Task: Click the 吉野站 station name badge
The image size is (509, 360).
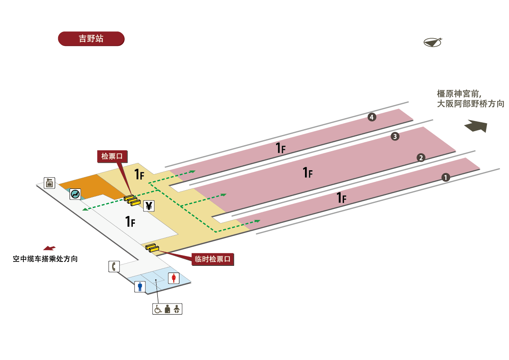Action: click(x=91, y=39)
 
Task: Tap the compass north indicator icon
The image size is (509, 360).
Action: click(x=432, y=42)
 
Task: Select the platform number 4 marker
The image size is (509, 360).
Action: click(x=372, y=117)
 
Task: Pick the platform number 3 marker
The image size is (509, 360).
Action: click(x=395, y=137)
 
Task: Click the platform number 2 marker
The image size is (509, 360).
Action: click(x=421, y=157)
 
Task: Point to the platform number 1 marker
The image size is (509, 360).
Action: click(x=445, y=178)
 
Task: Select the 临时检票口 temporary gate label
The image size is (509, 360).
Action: click(x=213, y=259)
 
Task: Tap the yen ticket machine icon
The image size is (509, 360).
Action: click(x=149, y=206)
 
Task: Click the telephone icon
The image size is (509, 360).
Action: click(x=114, y=267)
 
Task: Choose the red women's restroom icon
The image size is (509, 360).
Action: click(x=174, y=278)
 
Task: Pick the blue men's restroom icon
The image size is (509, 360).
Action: click(x=140, y=287)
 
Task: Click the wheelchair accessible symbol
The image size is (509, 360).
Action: click(x=158, y=309)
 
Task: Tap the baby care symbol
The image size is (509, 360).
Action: click(x=177, y=309)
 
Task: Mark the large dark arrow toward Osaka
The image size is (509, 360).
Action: click(x=476, y=126)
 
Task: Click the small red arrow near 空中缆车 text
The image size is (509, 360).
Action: click(x=49, y=248)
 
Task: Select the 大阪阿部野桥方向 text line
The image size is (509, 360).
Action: click(x=470, y=104)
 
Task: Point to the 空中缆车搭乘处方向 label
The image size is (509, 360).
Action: click(x=45, y=259)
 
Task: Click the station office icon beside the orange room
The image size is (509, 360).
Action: click(x=50, y=183)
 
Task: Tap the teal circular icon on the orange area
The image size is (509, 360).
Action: click(x=76, y=194)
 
